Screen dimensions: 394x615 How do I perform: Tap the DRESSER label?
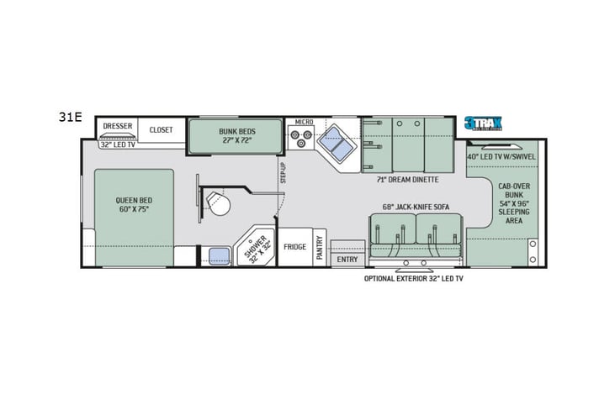(x=117, y=126)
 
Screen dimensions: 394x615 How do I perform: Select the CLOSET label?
(x=161, y=129)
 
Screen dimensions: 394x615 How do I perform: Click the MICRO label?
(x=304, y=123)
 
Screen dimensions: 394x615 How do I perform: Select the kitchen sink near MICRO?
(x=337, y=142)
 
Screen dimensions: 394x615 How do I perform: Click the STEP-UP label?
(x=284, y=172)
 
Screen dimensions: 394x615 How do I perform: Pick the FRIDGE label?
(x=294, y=247)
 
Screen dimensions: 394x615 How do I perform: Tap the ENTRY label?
(x=347, y=260)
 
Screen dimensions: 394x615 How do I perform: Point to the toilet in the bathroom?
(x=217, y=202)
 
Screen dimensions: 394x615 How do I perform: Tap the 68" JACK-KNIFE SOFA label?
(x=415, y=207)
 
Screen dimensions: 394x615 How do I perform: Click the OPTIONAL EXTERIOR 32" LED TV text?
(x=413, y=278)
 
